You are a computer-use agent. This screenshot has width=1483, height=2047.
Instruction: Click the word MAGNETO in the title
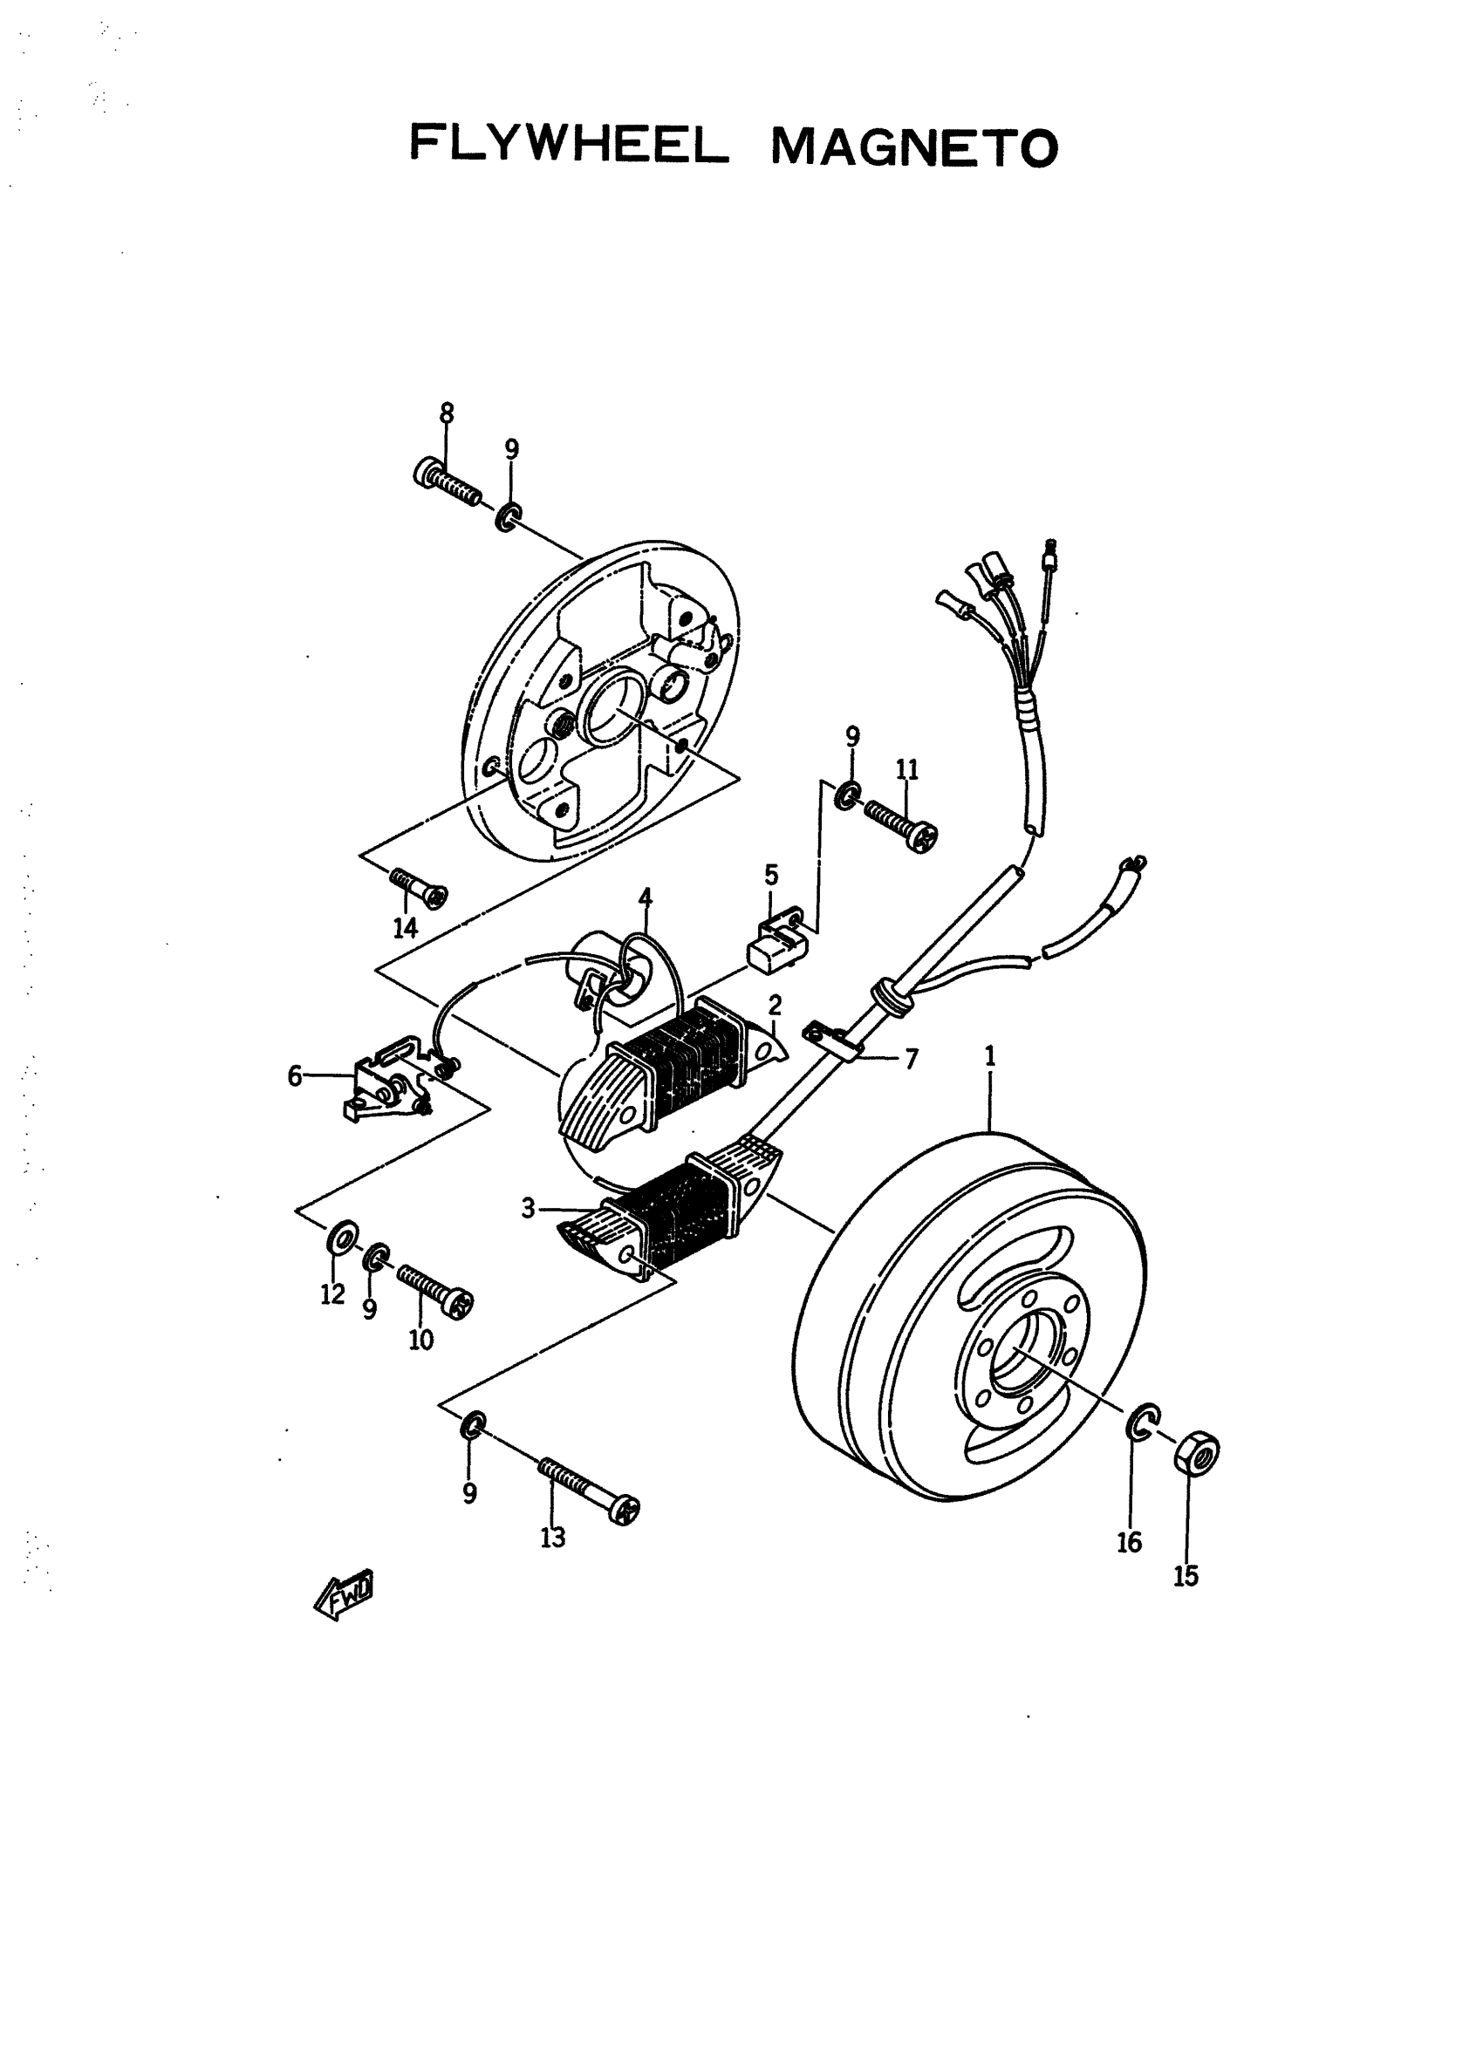coord(913,147)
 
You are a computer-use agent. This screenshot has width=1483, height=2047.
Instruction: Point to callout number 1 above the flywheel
coord(990,1056)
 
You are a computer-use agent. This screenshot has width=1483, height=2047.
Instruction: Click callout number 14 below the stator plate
coord(406,927)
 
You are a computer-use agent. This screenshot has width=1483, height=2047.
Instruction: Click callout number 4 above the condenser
coord(646,897)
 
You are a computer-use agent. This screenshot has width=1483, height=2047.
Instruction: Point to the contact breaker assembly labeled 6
coord(388,1083)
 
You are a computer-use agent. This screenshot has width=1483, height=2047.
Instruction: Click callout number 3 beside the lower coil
coord(529,1208)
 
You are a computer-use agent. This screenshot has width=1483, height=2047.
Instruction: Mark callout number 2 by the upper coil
coord(775,1005)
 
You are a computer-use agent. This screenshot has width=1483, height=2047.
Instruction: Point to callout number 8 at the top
coord(447,413)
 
